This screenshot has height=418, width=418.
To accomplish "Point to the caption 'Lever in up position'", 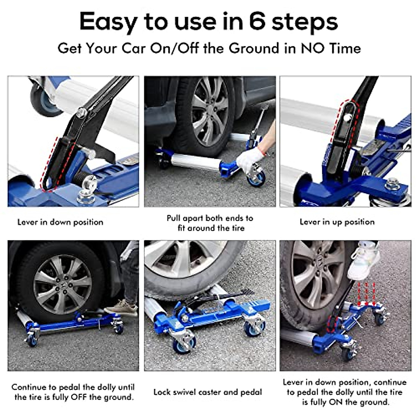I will tap(337, 222).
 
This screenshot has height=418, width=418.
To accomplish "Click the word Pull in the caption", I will tap(173, 218).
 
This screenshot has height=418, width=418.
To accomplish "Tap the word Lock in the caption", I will tap(162, 392).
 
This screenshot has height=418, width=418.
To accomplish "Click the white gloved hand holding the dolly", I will tap(250, 159).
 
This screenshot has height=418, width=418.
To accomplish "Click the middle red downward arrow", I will tap(366, 293).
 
